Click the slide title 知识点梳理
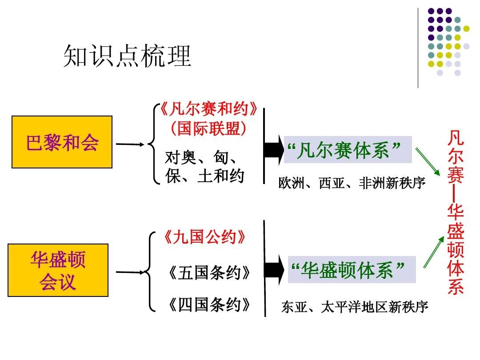click(x=127, y=56)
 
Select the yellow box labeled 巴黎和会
click(x=62, y=142)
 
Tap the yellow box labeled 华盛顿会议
click(x=58, y=270)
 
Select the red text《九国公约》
click(x=204, y=237)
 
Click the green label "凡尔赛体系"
click(x=348, y=150)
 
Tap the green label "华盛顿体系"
click(x=352, y=270)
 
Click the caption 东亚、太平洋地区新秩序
click(x=355, y=307)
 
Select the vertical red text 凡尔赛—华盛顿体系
click(x=456, y=212)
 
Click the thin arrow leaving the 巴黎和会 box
click(x=130, y=144)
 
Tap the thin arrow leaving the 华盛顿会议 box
click(x=130, y=272)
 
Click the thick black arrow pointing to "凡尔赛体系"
click(x=274, y=150)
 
